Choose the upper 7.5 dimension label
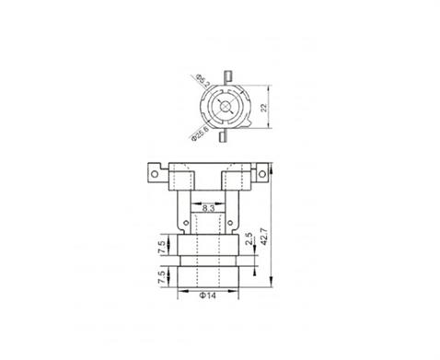(162, 248)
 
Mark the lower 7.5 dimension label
(162, 278)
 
